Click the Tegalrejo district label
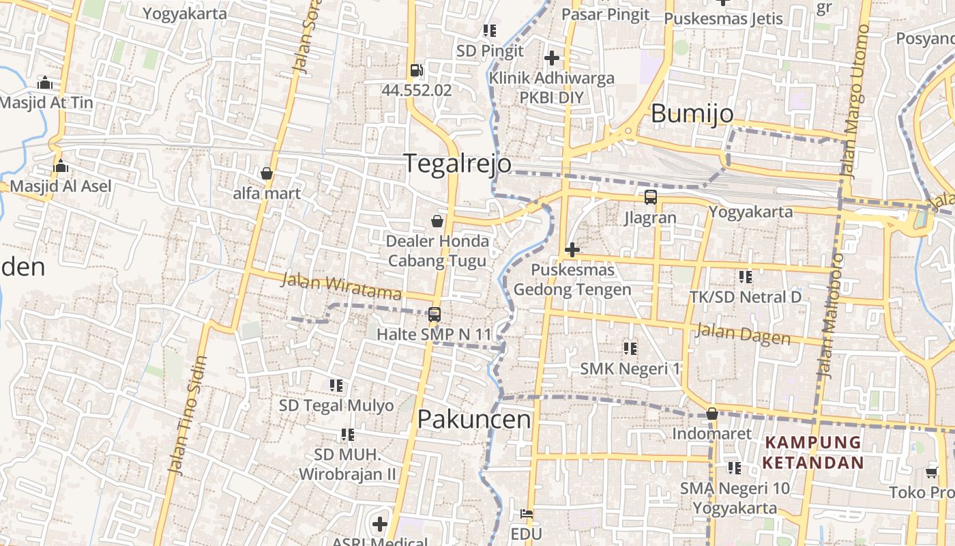point(457,164)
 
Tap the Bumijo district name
point(692,113)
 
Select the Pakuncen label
point(474,419)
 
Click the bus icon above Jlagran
point(651,197)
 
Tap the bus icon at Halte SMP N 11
point(435,315)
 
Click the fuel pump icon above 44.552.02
point(416,70)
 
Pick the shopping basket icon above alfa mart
point(267,173)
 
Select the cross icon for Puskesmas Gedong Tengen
point(572,250)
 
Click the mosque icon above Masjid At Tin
point(45,83)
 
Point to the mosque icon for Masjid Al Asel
point(61,166)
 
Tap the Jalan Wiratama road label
point(341,287)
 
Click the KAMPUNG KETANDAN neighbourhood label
point(813,452)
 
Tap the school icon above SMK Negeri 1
point(630,349)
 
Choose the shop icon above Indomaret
point(712,414)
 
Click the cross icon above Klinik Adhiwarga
point(552,58)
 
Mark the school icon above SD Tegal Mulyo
point(336,386)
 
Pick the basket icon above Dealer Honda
point(437,221)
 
